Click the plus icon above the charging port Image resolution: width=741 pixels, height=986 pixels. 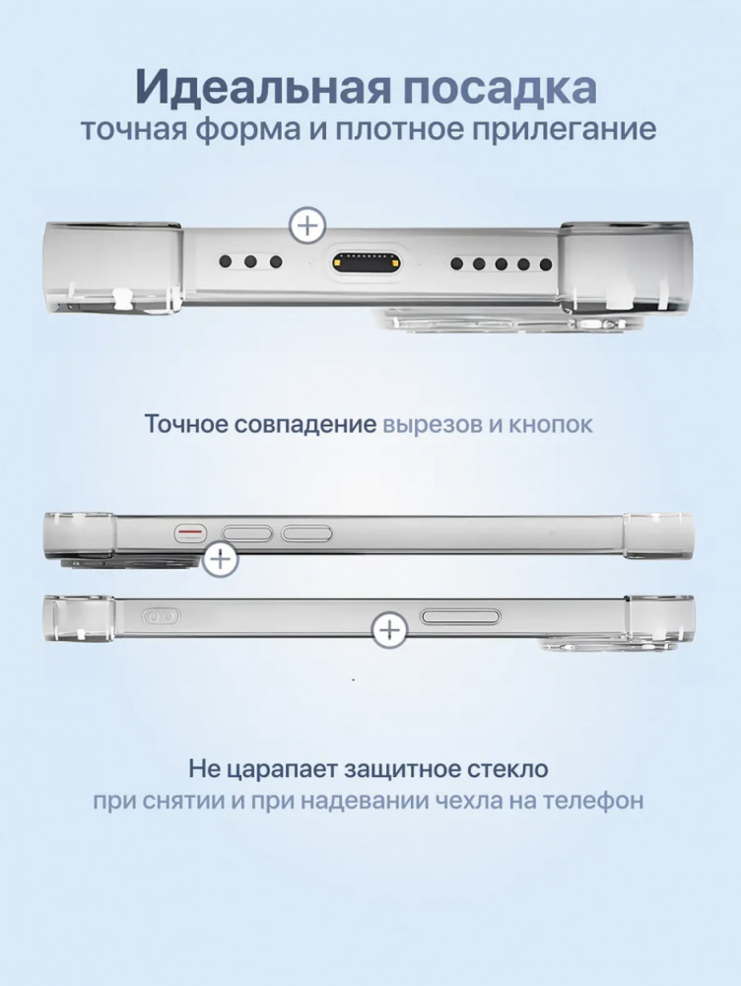(307, 225)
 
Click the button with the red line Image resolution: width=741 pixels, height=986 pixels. (191, 533)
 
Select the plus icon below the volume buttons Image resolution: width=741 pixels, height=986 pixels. (220, 558)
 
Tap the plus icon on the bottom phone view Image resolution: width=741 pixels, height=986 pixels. (390, 629)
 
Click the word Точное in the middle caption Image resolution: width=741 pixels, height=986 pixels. (185, 424)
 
